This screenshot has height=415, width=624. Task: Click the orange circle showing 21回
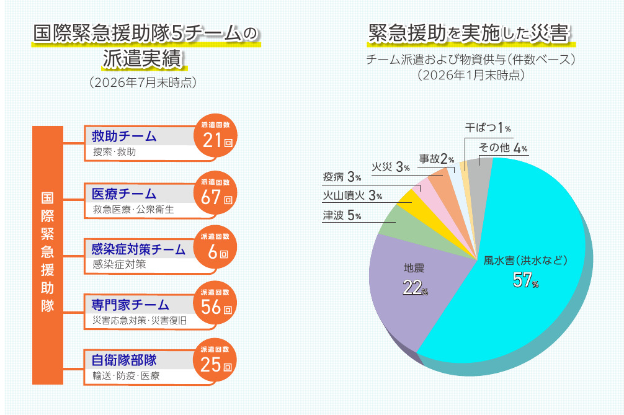click(x=215, y=136)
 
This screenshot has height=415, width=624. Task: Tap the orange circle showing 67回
click(x=215, y=193)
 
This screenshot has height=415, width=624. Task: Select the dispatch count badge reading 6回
click(x=215, y=248)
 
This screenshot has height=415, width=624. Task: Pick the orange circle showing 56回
click(x=215, y=303)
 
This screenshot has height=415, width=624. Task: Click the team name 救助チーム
click(x=124, y=136)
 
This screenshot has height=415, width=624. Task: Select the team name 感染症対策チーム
click(x=138, y=249)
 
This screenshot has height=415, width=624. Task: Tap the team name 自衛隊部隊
click(x=124, y=360)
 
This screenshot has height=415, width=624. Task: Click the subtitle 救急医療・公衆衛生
click(x=133, y=209)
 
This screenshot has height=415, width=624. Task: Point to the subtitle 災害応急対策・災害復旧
click(x=140, y=320)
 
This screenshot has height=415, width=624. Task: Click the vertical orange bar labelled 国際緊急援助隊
click(x=48, y=255)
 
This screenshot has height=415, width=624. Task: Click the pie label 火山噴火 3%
click(x=352, y=195)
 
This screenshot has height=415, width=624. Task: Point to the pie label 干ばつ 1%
click(x=488, y=128)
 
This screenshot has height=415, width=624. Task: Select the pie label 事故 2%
click(x=437, y=159)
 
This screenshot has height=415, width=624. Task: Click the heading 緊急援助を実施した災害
click(x=469, y=33)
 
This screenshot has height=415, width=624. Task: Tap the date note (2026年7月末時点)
click(x=143, y=83)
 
